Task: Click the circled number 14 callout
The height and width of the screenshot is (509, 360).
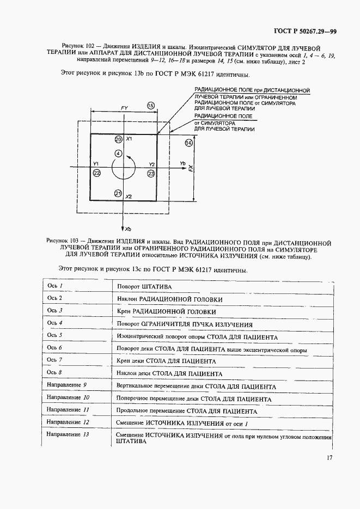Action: tap(188, 143)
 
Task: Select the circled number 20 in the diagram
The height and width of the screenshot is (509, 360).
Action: tap(118, 140)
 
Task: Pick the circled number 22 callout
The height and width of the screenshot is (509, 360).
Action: tap(97, 173)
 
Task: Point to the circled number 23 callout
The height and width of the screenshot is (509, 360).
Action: tap(151, 173)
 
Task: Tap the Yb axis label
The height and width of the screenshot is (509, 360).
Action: tap(183, 163)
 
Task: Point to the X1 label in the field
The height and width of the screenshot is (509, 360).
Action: tap(129, 140)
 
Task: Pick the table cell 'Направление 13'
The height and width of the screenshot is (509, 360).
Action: tap(68, 434)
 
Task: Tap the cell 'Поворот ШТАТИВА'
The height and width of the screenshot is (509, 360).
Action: tap(144, 286)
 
